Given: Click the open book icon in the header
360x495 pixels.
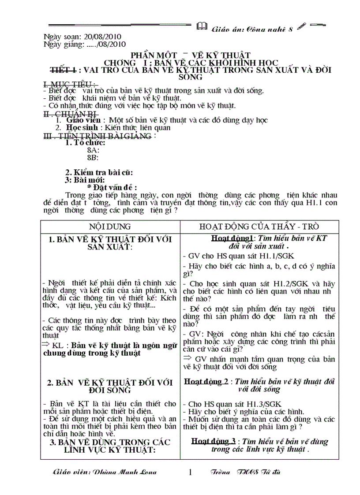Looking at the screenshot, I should (202, 27).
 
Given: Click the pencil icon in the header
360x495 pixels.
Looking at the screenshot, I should (301, 27).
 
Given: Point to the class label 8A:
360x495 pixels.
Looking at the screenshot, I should (93, 150).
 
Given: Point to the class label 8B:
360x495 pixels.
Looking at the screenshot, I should (93, 157).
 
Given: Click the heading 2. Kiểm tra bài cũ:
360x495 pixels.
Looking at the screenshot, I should (99, 172).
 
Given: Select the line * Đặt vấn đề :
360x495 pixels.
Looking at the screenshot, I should (112, 187).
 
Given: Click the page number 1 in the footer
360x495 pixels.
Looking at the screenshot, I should (191, 473).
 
